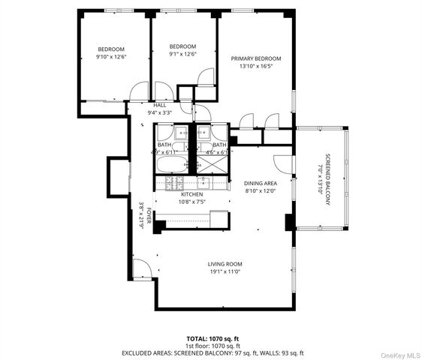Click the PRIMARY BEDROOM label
tap(255, 58)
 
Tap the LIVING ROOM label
tap(225, 264)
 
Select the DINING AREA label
tap(261, 182)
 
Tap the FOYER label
tap(149, 217)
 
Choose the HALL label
tap(159, 105)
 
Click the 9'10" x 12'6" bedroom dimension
tap(111, 57)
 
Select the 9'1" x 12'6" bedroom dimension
tap(182, 53)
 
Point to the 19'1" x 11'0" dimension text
tap(225, 272)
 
